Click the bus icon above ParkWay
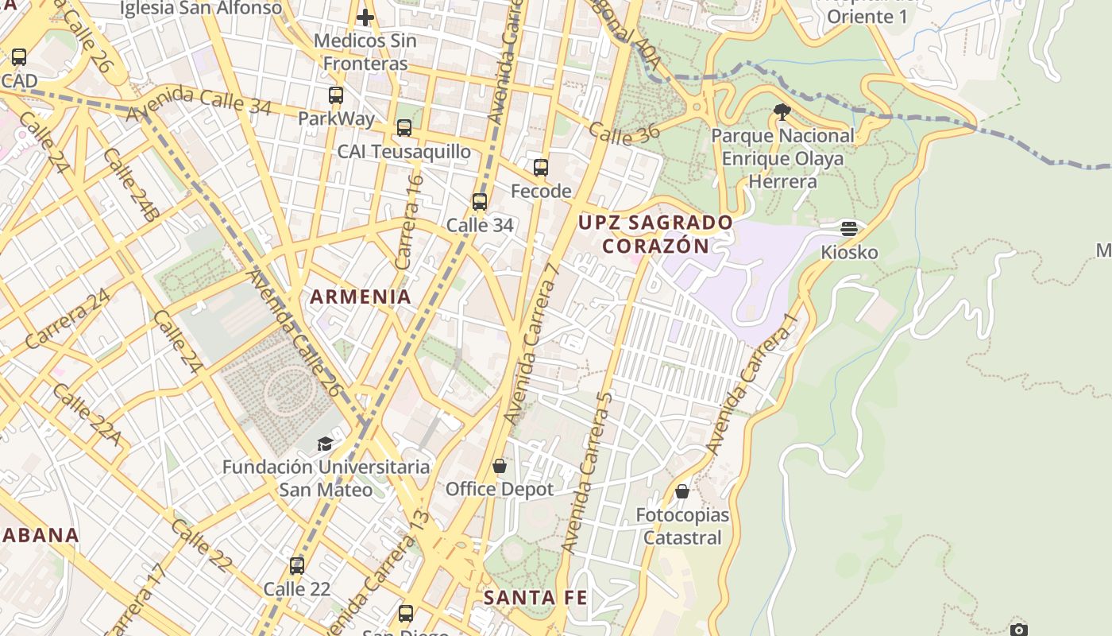coord(336,95)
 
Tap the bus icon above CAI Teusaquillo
coord(404,127)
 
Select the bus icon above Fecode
coord(541,167)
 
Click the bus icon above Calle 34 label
coord(480,201)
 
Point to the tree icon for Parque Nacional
coord(782,111)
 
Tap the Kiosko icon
coord(849,229)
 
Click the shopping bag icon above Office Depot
coord(500,465)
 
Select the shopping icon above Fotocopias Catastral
coord(682,491)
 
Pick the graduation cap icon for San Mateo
coord(325,443)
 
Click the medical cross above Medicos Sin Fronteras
coord(365,17)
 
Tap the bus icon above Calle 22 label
coord(297,565)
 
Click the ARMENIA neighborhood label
coord(361,297)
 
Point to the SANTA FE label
coord(535,596)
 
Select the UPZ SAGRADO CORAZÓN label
coord(655,234)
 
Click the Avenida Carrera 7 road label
coord(533,342)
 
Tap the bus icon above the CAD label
coord(19,57)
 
